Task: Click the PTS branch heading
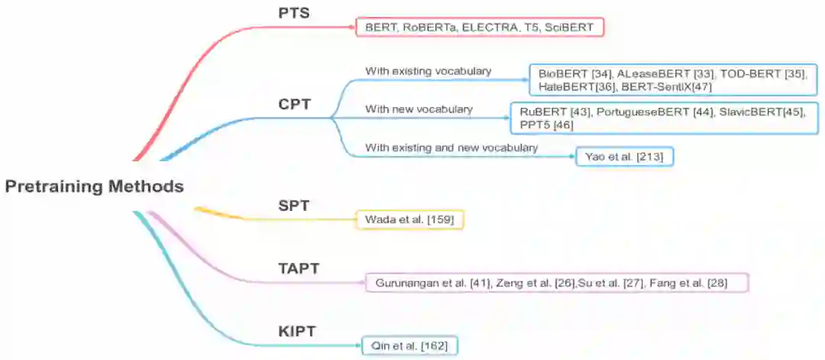coord(293,13)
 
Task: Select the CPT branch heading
coord(294,104)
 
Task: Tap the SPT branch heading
coord(293,205)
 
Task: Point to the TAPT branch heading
coord(298,268)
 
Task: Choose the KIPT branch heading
coord(297,331)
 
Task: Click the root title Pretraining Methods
coord(94,186)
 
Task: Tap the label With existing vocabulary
coord(428,71)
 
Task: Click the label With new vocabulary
coord(419,109)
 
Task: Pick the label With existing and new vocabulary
coord(451,147)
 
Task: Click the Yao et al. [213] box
coord(624,157)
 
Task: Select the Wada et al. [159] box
coord(410,220)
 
